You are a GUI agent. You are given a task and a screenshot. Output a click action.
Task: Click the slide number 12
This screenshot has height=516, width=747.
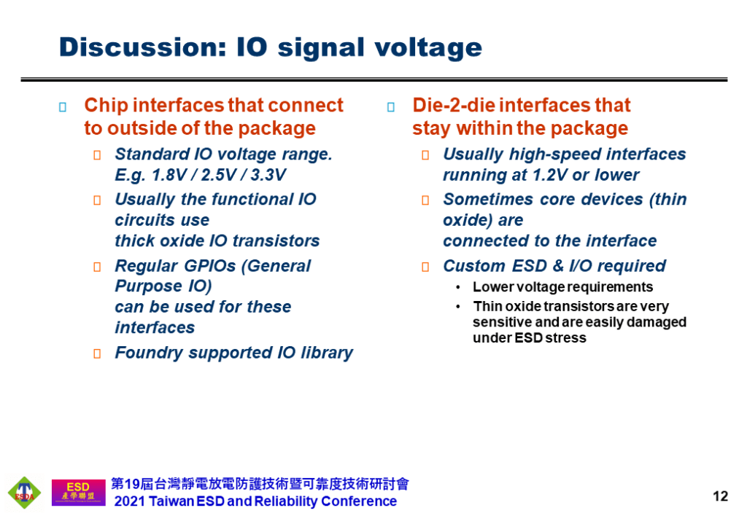point(720,496)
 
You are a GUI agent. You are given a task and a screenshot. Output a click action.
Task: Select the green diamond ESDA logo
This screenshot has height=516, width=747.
point(24,493)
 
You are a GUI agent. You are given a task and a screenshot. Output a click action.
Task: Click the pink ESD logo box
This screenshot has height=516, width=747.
point(79,492)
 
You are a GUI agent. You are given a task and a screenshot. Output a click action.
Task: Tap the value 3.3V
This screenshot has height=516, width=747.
point(268,175)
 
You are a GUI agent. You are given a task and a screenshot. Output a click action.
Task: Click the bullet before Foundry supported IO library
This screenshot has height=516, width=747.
point(97,353)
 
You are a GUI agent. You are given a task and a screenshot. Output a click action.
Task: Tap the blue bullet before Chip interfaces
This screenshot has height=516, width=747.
point(63,107)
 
